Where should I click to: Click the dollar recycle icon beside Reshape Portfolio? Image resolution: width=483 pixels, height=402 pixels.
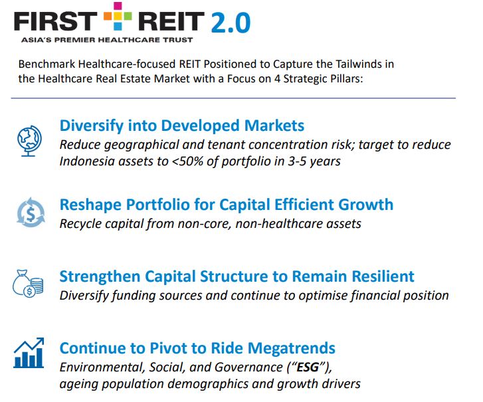tap(30, 213)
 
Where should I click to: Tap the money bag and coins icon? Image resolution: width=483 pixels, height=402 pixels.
tap(29, 284)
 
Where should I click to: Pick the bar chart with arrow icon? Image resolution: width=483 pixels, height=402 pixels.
tap(29, 353)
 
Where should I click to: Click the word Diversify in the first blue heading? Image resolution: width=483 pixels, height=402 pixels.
tap(89, 126)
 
